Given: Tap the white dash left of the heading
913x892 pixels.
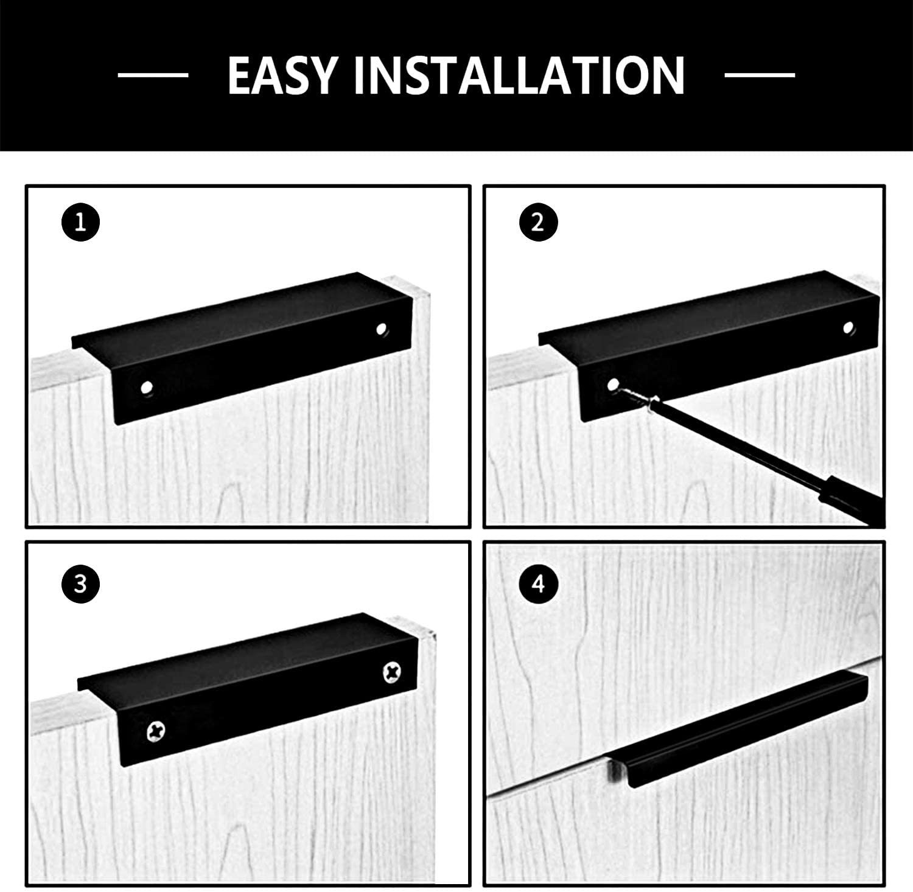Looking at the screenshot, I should [x=153, y=75].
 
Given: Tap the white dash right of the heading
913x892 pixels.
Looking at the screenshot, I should [x=760, y=75].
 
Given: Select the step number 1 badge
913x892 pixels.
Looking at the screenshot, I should [x=80, y=223].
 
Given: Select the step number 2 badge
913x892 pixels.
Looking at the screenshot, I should [x=537, y=223].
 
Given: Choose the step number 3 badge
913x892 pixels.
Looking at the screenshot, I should [x=80, y=585].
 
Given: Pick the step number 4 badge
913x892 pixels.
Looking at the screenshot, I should [x=537, y=585].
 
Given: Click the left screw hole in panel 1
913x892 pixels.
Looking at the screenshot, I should [x=146, y=387].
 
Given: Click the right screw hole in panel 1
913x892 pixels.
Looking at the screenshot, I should [x=382, y=329].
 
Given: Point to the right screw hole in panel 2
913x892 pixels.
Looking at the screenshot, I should [x=848, y=328].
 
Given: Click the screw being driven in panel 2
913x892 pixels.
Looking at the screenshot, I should [x=636, y=395].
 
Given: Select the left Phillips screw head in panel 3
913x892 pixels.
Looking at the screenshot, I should [x=156, y=729].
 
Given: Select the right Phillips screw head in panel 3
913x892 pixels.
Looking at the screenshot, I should [x=391, y=672].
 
